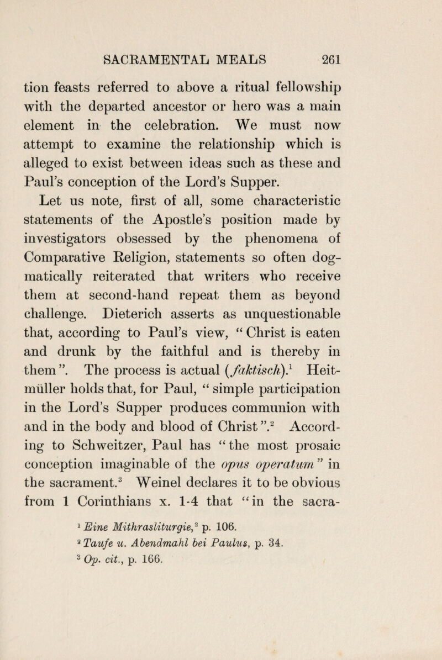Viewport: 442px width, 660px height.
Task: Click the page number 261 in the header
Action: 376,57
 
